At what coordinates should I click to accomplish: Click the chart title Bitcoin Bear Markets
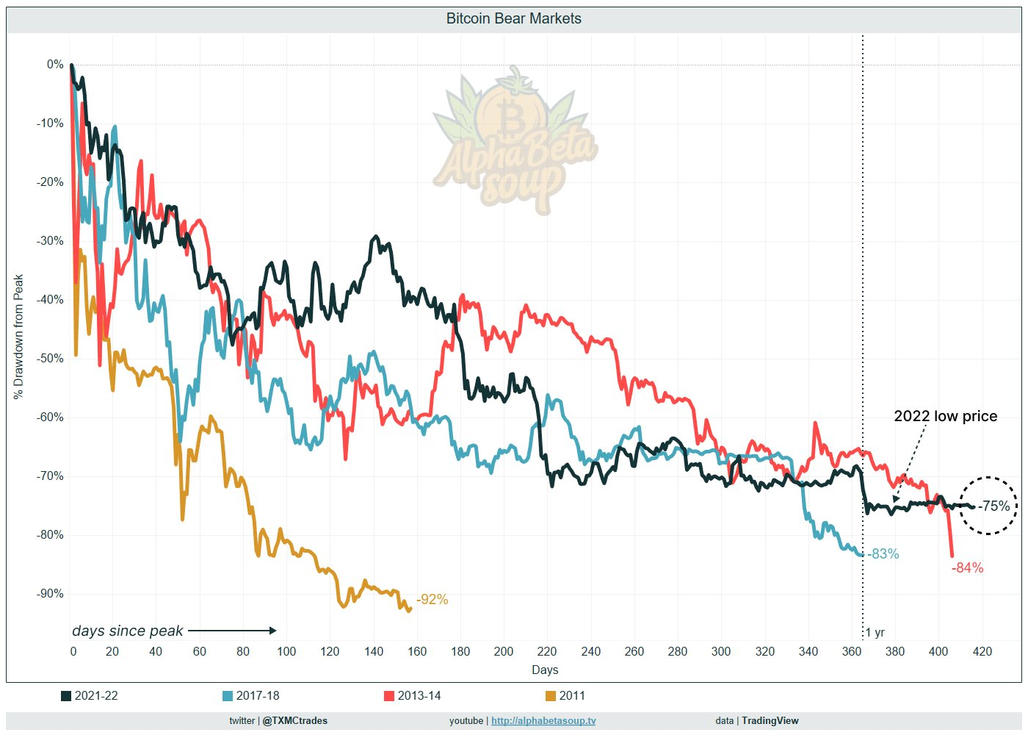(513, 19)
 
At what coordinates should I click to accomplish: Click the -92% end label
(432, 600)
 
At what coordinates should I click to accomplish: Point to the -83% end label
(883, 554)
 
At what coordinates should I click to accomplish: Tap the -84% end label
(967, 568)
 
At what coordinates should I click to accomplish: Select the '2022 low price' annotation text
(945, 416)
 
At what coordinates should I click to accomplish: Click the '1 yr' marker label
(875, 633)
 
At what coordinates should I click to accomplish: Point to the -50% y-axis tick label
(50, 359)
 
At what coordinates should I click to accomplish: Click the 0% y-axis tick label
(55, 65)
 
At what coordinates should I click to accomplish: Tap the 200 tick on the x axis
(504, 651)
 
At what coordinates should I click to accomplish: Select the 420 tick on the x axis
(982, 651)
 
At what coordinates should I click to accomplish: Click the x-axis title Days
(545, 670)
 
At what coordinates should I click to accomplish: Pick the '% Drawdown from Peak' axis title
(18, 337)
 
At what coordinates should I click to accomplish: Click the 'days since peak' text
(128, 631)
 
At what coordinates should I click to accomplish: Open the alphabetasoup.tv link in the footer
(543, 720)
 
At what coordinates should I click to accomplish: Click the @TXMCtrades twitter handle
(295, 720)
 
